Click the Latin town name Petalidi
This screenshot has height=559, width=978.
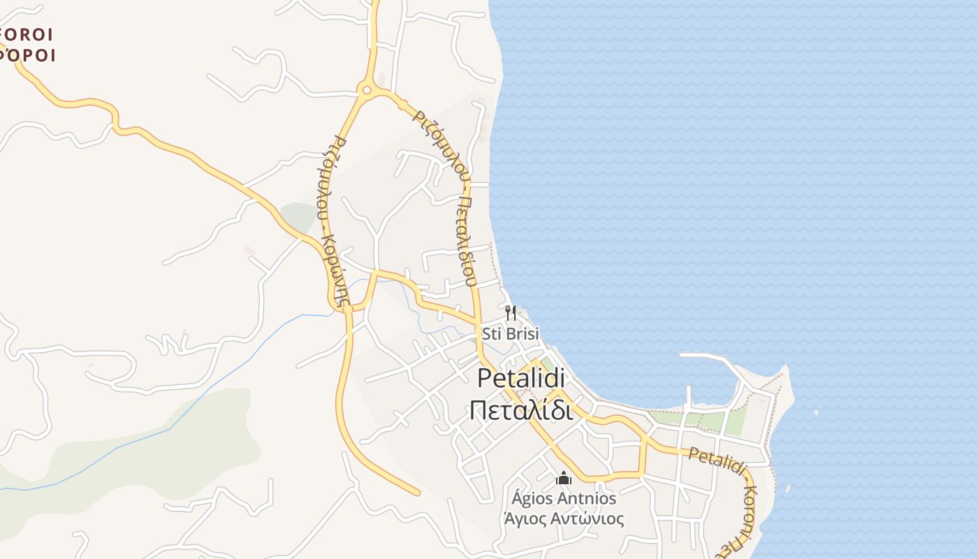(x=521, y=378)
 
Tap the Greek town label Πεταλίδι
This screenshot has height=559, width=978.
(x=521, y=410)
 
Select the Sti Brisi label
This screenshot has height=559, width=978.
(x=511, y=334)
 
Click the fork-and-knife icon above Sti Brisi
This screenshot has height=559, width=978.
(x=511, y=312)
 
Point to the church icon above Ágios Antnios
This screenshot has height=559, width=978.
(x=564, y=479)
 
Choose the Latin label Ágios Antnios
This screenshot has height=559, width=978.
(x=564, y=498)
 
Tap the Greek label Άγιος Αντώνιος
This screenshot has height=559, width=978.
(x=564, y=519)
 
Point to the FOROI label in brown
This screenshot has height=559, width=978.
(x=27, y=34)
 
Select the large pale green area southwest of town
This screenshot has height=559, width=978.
(x=161, y=447)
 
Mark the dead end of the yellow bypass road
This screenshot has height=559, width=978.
(x=418, y=493)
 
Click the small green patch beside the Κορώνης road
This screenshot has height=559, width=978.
(x=299, y=217)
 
